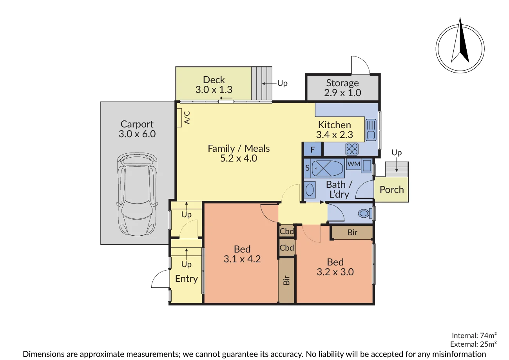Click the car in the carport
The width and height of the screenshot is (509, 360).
[x=137, y=195]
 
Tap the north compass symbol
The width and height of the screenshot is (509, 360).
[x=460, y=44]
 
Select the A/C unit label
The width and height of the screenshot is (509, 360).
[x=187, y=117]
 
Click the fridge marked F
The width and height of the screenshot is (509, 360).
[x=313, y=150]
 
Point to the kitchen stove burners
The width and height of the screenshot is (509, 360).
[x=351, y=149]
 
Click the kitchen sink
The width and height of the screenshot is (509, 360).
[x=370, y=130]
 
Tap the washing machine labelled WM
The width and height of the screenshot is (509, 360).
[x=354, y=164]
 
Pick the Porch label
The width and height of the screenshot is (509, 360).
[x=391, y=190]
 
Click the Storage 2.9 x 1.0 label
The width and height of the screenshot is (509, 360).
[x=342, y=88]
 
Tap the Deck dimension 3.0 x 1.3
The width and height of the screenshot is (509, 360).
[x=214, y=90]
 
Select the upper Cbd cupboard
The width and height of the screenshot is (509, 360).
[x=287, y=231]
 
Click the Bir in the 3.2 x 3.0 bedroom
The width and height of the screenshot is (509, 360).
[x=352, y=233]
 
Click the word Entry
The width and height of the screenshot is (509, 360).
[x=186, y=279]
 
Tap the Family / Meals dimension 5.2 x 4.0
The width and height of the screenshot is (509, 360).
[x=238, y=159]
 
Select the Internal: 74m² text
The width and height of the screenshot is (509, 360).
[x=474, y=335]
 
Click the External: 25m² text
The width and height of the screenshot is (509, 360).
[x=474, y=344]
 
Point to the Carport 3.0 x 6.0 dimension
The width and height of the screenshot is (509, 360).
[x=137, y=134]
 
